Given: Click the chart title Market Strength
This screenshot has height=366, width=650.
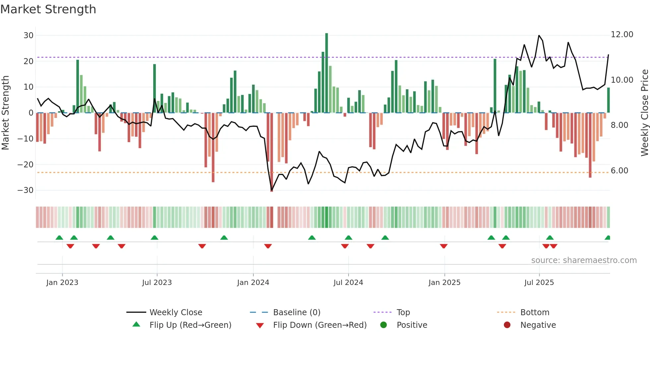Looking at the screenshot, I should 48,9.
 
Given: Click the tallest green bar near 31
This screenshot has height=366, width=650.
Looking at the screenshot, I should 327,73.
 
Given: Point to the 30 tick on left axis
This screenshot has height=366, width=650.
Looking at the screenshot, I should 29,36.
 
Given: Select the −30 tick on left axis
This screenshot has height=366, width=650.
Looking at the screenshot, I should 26,190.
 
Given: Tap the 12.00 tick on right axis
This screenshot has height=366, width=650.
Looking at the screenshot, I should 622,35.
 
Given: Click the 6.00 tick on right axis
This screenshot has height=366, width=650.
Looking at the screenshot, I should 619,171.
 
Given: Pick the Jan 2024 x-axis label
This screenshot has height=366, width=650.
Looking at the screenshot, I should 253,283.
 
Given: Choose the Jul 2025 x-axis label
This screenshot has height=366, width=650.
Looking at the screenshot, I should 539,283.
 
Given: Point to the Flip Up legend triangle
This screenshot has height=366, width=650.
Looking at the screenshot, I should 136,324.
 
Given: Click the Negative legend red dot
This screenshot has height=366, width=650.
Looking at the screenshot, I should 507,325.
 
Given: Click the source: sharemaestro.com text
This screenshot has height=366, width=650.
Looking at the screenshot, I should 584,260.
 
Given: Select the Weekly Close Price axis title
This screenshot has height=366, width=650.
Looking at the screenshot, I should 644,113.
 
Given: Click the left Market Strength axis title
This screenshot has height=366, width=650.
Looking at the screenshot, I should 5,113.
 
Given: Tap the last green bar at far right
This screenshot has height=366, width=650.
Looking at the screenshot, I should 609,100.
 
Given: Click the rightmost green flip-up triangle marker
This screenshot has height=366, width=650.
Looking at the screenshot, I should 608,238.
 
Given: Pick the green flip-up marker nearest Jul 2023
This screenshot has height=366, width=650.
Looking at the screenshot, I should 155,238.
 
